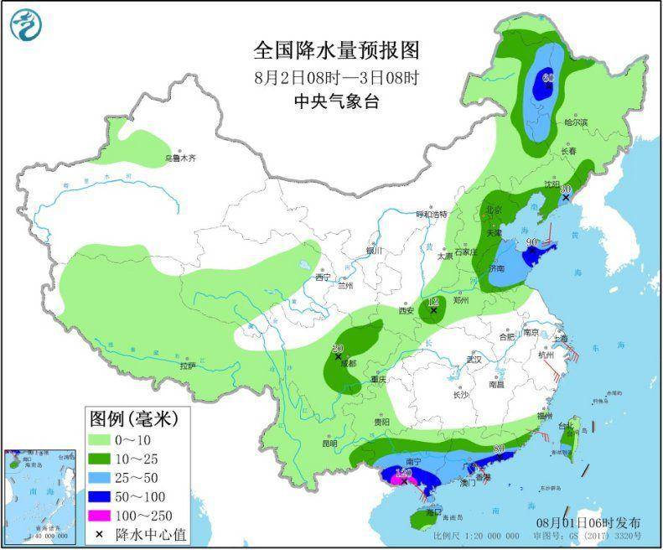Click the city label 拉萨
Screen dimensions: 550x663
click(187, 366)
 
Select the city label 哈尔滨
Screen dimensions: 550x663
click(576, 123)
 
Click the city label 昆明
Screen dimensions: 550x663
click(329, 442)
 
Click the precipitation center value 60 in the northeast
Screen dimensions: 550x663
click(548, 78)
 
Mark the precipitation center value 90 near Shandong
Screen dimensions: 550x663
click(531, 243)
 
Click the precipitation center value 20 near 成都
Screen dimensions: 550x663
click(338, 348)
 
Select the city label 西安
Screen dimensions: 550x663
click(407, 310)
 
